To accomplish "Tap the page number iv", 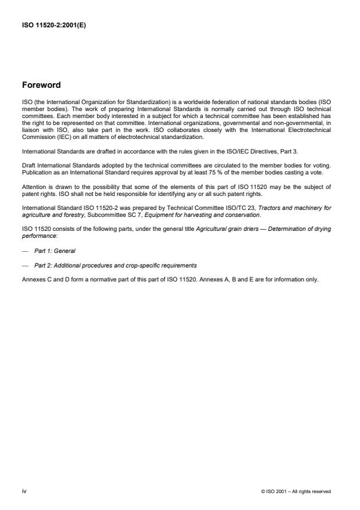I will [x=24, y=491].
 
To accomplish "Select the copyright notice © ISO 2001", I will [x=296, y=491].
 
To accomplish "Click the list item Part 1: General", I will [x=55, y=251].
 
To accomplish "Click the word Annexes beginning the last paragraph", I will [x=33, y=279].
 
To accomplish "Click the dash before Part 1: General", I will [x=24, y=251].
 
